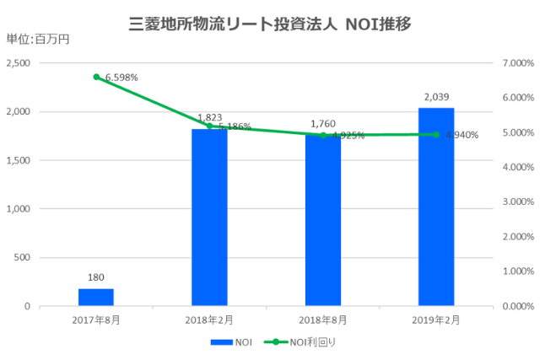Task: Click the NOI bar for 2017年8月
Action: [96, 297]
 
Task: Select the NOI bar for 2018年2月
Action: [209, 217]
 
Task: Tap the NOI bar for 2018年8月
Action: [323, 220]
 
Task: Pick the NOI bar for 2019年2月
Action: [436, 207]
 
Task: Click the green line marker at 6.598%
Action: [96, 77]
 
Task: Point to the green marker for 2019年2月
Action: [436, 134]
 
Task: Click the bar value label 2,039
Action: [436, 99]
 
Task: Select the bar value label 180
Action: [96, 277]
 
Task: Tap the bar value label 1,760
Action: [323, 123]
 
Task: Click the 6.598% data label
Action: [121, 78]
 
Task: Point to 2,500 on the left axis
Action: [18, 63]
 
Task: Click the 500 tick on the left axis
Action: [22, 257]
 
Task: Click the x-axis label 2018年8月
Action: [323, 320]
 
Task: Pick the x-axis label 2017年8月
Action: [96, 320]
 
